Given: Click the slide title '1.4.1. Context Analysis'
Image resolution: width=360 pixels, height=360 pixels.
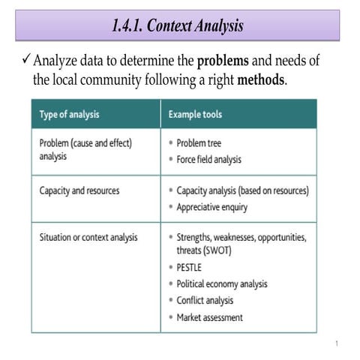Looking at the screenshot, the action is pyautogui.click(x=178, y=26).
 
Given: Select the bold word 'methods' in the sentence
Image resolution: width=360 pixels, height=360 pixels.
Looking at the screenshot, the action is pyautogui.click(x=261, y=79).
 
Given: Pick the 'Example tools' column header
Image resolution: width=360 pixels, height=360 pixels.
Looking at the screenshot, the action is pyautogui.click(x=194, y=115).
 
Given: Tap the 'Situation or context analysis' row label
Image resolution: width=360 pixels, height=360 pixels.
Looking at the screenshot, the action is pyautogui.click(x=88, y=238).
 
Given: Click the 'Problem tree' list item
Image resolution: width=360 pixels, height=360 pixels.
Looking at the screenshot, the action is pyautogui.click(x=199, y=142).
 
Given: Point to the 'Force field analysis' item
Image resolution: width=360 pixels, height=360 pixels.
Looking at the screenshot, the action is pyautogui.click(x=209, y=159).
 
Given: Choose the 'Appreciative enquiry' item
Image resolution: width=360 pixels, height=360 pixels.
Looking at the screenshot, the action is pyautogui.click(x=213, y=207).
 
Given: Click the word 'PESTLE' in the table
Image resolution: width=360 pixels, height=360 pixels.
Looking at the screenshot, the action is pyautogui.click(x=190, y=267).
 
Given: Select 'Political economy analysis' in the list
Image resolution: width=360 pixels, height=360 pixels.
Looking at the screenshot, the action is pyautogui.click(x=222, y=284).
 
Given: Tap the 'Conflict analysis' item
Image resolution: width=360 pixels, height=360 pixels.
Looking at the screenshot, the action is pyautogui.click(x=205, y=301).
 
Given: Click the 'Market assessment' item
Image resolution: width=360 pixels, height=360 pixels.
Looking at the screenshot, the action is pyautogui.click(x=209, y=317).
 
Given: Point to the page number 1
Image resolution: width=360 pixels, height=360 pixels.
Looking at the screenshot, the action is pyautogui.click(x=337, y=343).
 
